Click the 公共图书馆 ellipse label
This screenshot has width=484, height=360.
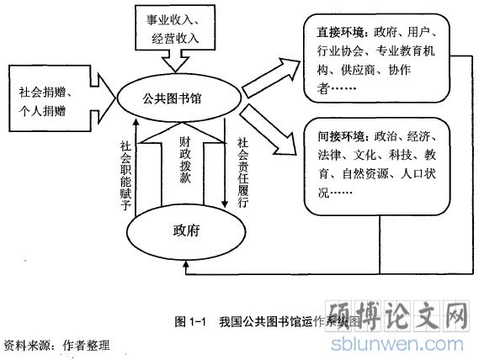point(172,98)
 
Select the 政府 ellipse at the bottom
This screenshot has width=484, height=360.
point(186,231)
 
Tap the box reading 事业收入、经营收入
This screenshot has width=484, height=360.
point(175,27)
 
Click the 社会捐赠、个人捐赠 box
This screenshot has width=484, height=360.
point(50,98)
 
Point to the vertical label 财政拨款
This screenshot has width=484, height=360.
point(185,160)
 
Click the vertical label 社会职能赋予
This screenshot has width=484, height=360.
point(125,176)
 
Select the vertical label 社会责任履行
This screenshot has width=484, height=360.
point(243,172)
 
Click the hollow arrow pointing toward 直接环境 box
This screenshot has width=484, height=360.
point(271,77)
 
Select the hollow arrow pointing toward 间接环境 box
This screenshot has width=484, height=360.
point(268,130)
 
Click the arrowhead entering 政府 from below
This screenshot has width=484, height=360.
point(186,264)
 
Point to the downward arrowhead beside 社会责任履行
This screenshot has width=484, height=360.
point(225,204)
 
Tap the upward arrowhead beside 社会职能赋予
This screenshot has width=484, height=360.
point(136,122)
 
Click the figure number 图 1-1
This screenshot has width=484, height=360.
point(190,321)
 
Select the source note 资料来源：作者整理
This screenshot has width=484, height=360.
point(56,345)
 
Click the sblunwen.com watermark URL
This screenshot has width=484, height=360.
point(397,344)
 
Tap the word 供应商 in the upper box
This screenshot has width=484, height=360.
point(358,71)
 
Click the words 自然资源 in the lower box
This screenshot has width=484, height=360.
point(365,174)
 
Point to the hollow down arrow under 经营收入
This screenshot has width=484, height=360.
point(175,61)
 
